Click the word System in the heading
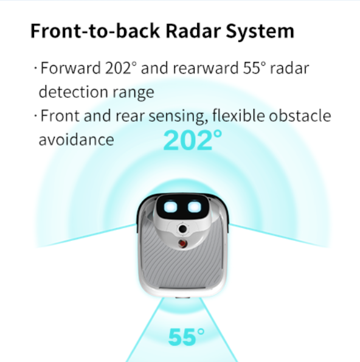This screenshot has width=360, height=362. coord(260,32)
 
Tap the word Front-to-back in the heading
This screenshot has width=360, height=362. coord(95,30)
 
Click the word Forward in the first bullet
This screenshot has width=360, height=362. coord(71,68)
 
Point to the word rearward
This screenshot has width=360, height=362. coord(206,68)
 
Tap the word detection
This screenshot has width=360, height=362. coord(73,92)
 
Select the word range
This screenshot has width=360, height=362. coord(133,93)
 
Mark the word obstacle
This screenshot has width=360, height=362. coord(300,116)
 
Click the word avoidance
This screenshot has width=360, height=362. coord(77,139)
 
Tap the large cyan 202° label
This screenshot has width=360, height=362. coord(192,141)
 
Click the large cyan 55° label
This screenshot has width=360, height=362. coord(186,337)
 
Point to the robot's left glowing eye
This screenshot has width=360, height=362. coord(170,207)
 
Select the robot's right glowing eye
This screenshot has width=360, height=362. coord(195,207)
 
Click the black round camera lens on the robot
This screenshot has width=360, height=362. coord(183,229)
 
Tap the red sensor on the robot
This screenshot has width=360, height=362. coord(182,243)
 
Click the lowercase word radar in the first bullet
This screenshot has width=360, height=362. coord(289,68)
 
